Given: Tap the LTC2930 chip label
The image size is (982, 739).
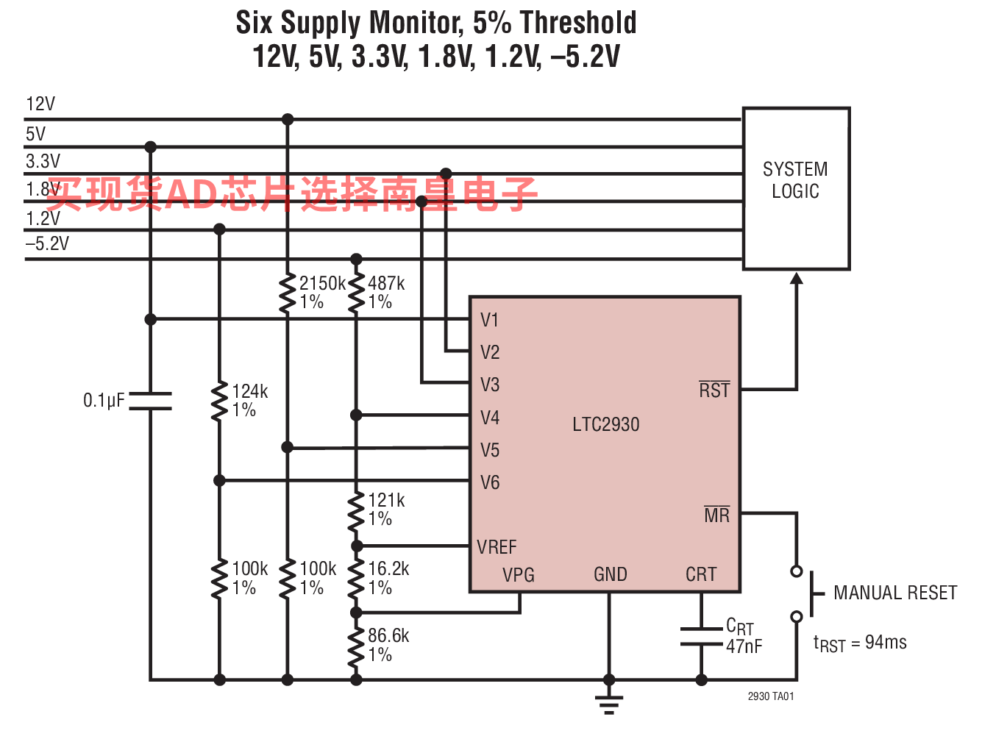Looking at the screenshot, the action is [x=606, y=424].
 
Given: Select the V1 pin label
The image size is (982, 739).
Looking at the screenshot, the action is [x=489, y=320].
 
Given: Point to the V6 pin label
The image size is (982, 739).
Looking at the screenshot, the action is [x=489, y=482].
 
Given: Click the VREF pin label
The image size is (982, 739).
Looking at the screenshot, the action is [x=497, y=547].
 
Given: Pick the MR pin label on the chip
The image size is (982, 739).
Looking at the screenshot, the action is [x=716, y=515].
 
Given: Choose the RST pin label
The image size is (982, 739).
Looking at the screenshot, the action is [x=714, y=390].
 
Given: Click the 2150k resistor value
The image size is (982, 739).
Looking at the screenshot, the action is [x=322, y=283].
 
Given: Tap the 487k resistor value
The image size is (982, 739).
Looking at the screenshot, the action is [x=386, y=283].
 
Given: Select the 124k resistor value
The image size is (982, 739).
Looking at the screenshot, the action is [x=249, y=391].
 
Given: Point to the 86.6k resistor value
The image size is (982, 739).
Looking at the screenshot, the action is [x=388, y=635].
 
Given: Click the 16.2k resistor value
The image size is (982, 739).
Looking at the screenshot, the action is [x=388, y=568].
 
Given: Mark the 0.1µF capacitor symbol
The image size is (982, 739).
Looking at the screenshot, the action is [x=150, y=401].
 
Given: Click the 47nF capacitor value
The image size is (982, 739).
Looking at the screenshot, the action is [x=744, y=646].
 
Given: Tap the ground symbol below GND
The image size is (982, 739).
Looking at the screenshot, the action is [x=608, y=704].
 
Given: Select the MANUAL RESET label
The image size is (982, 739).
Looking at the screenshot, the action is [x=895, y=593].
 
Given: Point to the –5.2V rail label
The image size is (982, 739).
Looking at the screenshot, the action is [x=47, y=243].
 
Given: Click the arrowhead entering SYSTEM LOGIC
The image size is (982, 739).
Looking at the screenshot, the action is [x=797, y=278].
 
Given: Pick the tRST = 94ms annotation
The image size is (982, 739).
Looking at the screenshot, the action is [x=860, y=643].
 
